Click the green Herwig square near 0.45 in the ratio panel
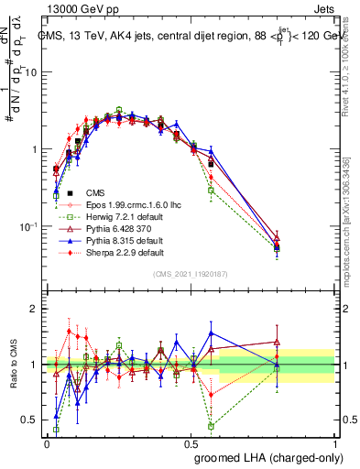(x=212, y=426)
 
